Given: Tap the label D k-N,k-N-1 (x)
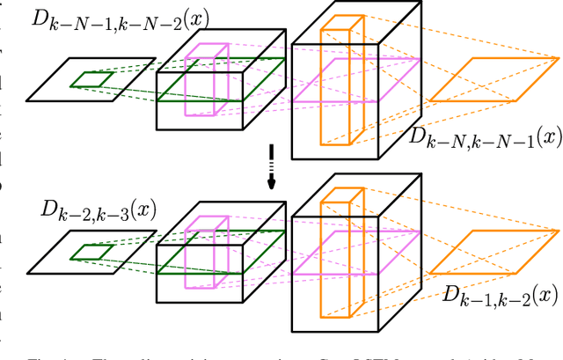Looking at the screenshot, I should [484, 138].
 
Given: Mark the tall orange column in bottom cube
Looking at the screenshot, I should [336, 255].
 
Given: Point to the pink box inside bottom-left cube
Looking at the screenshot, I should [206, 253].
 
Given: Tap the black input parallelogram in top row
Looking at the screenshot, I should [70, 79].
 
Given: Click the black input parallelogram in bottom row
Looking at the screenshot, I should [70, 252].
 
